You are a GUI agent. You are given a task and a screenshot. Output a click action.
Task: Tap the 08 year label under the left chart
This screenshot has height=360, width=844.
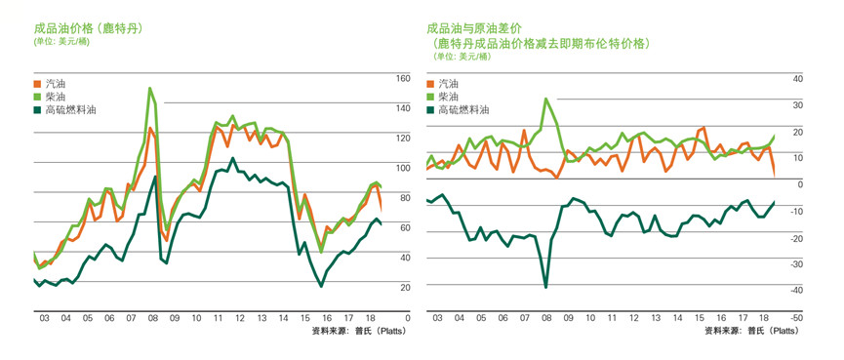pos(152,318)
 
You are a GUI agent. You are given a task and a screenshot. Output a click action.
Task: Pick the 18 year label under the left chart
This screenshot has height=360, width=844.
pos(372,318)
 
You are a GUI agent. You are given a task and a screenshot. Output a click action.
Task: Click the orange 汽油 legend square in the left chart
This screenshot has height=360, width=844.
pos(39,85)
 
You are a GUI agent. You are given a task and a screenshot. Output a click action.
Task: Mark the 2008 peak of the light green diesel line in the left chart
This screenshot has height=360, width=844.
pos(150,88)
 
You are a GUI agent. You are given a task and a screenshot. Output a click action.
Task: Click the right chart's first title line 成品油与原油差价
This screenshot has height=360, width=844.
pos(474,28)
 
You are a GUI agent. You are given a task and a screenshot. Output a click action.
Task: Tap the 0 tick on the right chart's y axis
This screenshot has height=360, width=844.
pos(799,184)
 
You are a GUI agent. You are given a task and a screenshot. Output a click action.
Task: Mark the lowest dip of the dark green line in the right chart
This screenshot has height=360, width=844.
pos(546,287)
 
